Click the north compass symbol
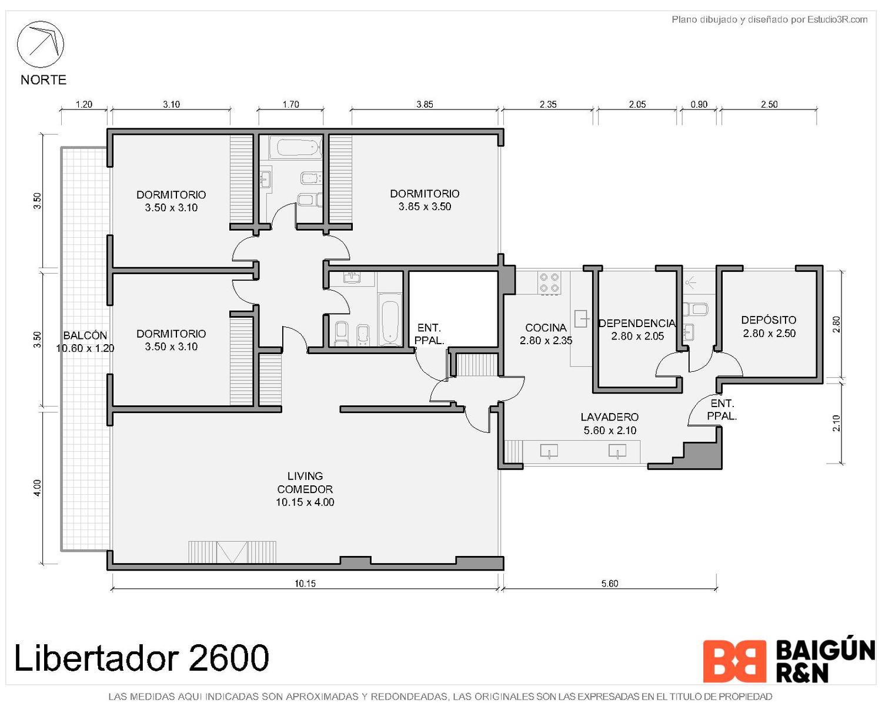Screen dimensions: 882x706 (40, 44)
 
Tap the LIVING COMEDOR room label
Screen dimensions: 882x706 (305, 488)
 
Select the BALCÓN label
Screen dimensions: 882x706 (85, 341)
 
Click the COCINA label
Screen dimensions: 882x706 (546, 334)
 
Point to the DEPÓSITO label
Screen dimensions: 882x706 (769, 326)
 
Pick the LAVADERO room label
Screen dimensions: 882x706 (609, 424)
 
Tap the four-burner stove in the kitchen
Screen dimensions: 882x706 (549, 282)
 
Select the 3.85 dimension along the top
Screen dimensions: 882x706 (424, 104)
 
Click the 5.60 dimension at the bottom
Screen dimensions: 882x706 (609, 584)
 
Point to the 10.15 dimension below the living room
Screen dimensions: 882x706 (305, 584)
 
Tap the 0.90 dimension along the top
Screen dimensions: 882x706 (699, 104)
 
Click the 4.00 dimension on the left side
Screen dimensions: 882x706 (37, 488)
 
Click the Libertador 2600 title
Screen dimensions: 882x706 (142, 658)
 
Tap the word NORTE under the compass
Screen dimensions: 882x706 (44, 79)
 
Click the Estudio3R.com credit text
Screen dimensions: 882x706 (837, 19)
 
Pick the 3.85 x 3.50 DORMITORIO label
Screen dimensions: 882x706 (424, 200)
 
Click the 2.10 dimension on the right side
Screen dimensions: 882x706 (837, 423)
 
